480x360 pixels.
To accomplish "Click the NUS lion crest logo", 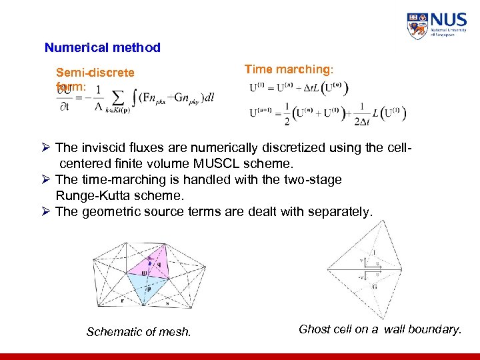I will tap(417, 25).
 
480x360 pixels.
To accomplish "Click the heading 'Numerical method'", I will tap(102, 47).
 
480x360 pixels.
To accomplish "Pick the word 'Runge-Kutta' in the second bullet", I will tap(93, 196).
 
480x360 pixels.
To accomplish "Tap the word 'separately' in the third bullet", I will tap(341, 212).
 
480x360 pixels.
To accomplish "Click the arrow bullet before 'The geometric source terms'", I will tap(46, 212).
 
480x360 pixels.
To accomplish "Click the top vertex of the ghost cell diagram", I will tap(359, 223).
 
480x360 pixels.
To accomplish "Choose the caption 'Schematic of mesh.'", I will tap(139, 332).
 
